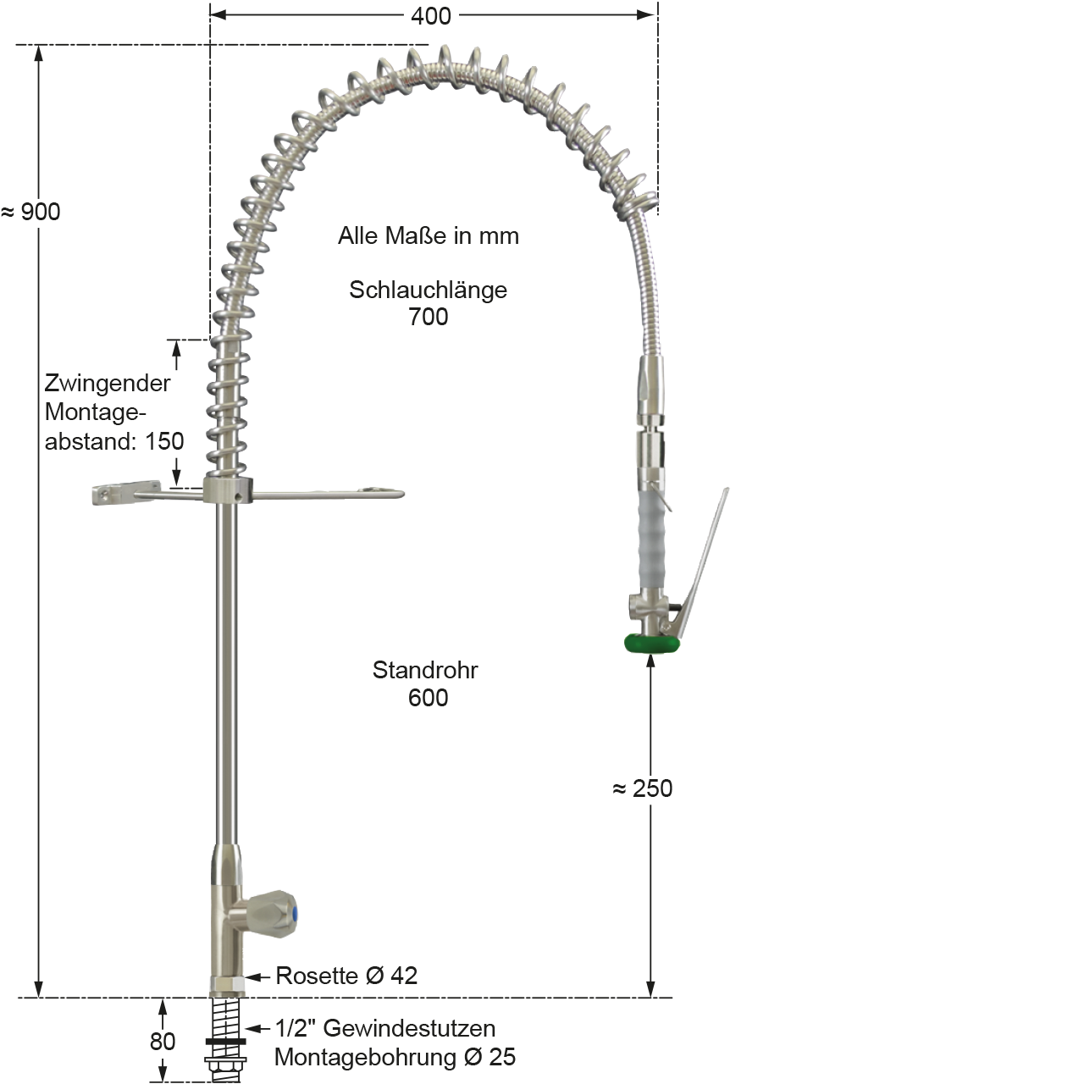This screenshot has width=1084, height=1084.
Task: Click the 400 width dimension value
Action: point(430,16)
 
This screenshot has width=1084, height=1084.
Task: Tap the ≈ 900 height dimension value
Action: point(31,212)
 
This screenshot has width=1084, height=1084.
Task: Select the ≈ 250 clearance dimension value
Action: point(643,788)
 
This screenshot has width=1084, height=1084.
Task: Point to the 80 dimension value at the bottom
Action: point(163,1042)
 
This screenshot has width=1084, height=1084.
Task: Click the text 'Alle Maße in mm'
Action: point(428,235)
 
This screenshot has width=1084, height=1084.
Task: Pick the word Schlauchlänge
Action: point(428,290)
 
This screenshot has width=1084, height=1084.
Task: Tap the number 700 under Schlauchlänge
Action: point(428,317)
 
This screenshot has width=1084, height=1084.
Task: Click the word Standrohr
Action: point(425,670)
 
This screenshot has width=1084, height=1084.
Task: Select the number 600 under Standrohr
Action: point(428,698)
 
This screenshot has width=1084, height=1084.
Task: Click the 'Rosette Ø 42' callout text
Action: point(346,976)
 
